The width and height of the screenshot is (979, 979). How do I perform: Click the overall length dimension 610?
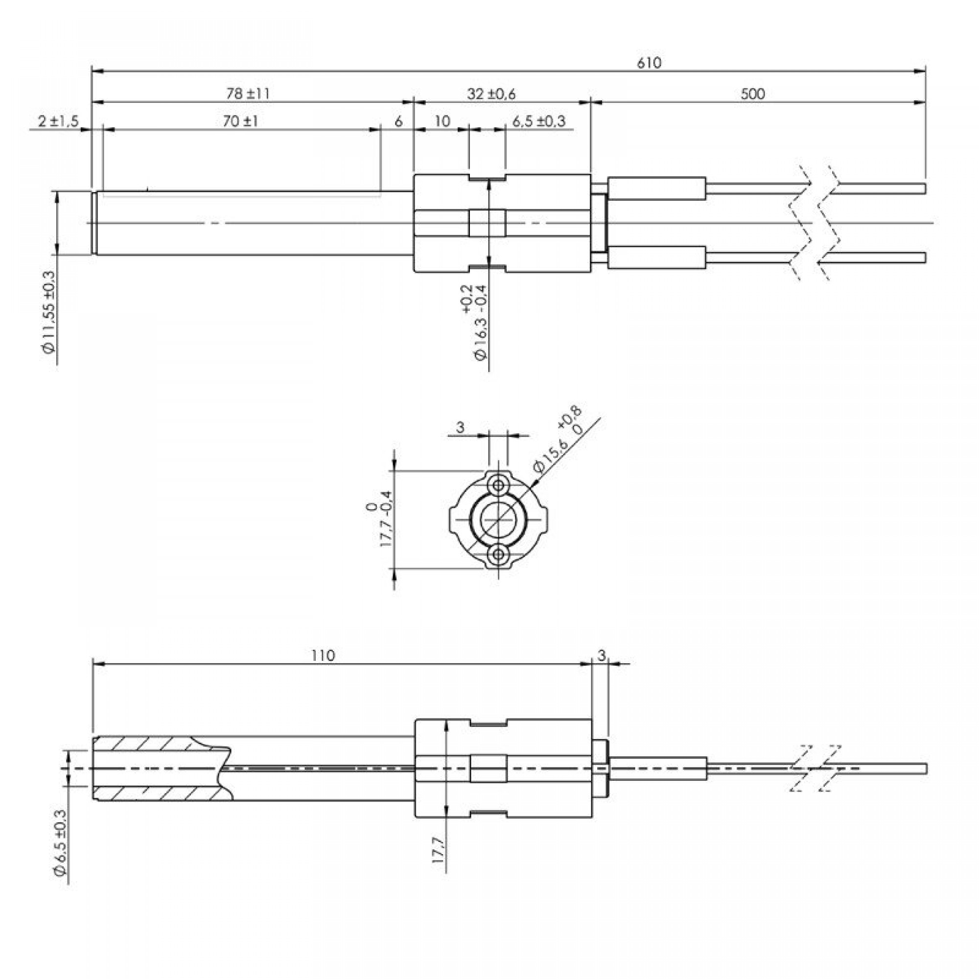pyautogui.click(x=649, y=63)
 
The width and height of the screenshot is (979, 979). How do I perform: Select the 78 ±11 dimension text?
pyautogui.click(x=248, y=94)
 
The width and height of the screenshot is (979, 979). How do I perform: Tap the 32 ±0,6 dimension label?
pyautogui.click(x=491, y=94)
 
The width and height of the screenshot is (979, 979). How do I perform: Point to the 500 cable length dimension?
pyautogui.click(x=752, y=94)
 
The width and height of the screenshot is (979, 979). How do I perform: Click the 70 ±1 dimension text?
pyautogui.click(x=241, y=121)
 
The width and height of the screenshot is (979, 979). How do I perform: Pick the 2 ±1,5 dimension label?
pyautogui.click(x=58, y=121)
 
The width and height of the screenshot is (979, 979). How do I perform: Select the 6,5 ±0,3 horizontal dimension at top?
pyautogui.click(x=538, y=121)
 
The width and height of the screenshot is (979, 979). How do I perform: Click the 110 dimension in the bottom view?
pyautogui.click(x=323, y=656)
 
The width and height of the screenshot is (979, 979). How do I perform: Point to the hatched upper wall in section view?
pyautogui.click(x=152, y=745)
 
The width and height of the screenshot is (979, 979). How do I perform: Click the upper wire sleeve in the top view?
pyautogui.click(x=657, y=188)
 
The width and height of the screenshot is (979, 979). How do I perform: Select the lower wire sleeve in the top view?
pyautogui.click(x=657, y=257)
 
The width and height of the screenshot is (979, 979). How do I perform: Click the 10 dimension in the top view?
pyautogui.click(x=443, y=121)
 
